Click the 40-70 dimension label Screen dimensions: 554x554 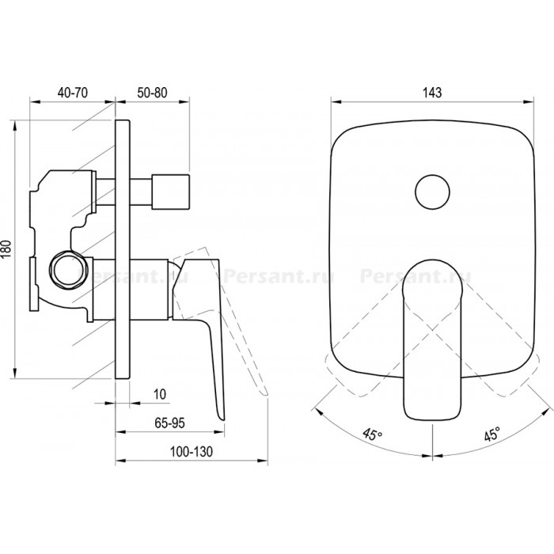[x=73, y=93]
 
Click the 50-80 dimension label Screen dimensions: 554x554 [x=152, y=93]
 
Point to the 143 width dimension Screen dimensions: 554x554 [x=432, y=93]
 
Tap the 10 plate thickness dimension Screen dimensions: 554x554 [x=160, y=394]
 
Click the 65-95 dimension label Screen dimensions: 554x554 [x=169, y=423]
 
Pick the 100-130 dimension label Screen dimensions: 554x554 [x=192, y=452]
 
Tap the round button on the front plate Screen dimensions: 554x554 [x=432, y=192]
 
